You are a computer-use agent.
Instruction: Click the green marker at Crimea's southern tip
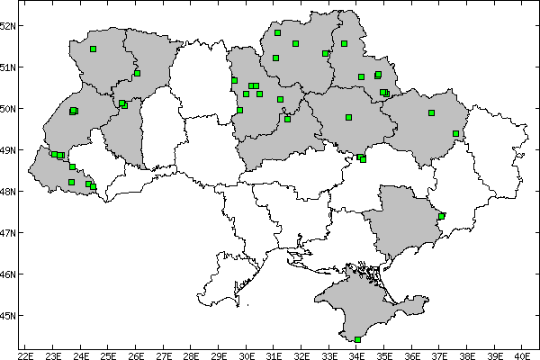click(358, 339)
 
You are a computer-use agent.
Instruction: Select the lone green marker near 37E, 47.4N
click(441, 216)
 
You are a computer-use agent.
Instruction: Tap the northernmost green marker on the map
click(278, 32)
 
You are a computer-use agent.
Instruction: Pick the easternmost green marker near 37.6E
click(456, 133)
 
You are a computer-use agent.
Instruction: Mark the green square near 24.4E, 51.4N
click(93, 49)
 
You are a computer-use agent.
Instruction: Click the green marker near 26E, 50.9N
click(137, 73)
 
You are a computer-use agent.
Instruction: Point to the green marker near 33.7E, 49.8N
click(348, 117)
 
